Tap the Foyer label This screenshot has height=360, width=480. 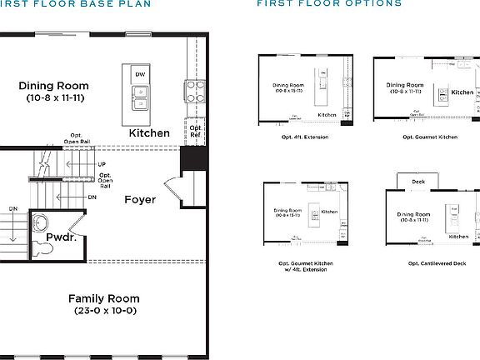click(140, 200)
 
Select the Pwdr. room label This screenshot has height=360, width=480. click(62, 237)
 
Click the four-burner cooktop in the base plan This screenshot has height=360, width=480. click(193, 90)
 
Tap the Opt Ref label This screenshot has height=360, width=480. click(195, 132)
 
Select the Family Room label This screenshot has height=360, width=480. click(104, 298)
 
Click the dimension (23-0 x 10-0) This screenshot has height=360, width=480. click(104, 311)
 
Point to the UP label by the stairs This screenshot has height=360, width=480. click(102, 165)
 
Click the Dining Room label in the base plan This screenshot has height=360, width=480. click(53, 86)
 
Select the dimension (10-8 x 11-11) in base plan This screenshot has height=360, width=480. click(53, 98)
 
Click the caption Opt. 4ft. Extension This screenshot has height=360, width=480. click(304, 137)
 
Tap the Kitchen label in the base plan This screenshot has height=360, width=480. click(149, 133)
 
